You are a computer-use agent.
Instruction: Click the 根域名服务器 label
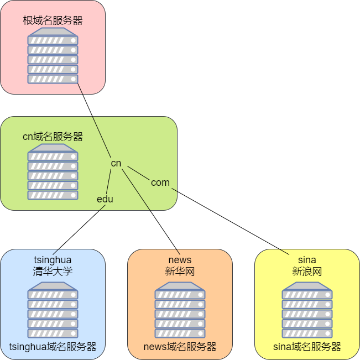coord(53,20)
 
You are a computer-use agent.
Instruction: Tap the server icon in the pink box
coord(53,56)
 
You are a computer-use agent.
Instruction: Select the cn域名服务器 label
coord(53,137)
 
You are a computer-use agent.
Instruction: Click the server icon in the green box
coord(53,172)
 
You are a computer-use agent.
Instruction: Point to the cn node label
coord(116,163)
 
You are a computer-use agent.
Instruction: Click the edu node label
coord(105,199)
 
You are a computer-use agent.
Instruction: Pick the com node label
coord(160,182)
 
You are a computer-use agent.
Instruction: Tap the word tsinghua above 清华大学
coord(53,260)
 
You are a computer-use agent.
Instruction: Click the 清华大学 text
coord(53,272)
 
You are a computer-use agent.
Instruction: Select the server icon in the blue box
coord(53,310)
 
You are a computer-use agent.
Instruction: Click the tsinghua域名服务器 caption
coord(53,347)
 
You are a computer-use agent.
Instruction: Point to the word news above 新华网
coord(180,260)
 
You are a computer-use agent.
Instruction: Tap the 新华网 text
coord(180,272)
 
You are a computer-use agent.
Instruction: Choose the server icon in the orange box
coord(180,310)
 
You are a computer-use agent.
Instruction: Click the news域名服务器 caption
coord(180,347)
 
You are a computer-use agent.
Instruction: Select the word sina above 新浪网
coord(307,260)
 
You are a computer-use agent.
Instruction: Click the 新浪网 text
coord(307,272)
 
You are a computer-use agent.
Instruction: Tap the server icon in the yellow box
coord(307,310)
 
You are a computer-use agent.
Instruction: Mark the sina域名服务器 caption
coord(307,347)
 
